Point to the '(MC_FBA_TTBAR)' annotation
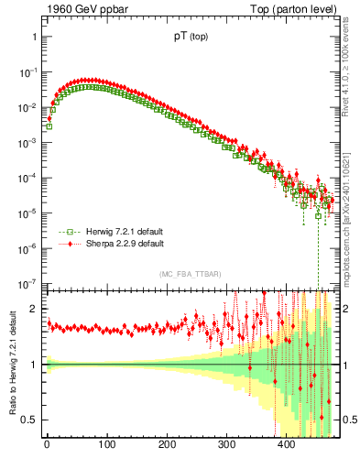[x=190, y=275]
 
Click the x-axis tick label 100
[x=106, y=446]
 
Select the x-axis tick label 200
[x=167, y=446]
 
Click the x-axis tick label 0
[x=47, y=446]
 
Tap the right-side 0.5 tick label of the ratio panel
[x=346, y=420]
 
